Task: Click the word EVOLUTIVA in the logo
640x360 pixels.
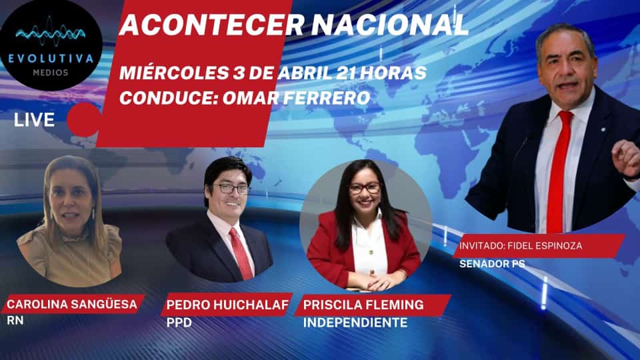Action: pyautogui.click(x=51, y=59)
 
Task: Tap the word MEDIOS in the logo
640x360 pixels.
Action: pyautogui.click(x=51, y=73)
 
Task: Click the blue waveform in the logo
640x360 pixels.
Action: pyautogui.click(x=51, y=33)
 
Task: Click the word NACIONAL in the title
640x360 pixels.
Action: pyautogui.click(x=390, y=25)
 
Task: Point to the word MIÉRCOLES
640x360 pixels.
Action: pyautogui.click(x=174, y=72)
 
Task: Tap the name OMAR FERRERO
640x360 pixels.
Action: pyautogui.click(x=296, y=98)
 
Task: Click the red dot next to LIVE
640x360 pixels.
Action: pyautogui.click(x=83, y=119)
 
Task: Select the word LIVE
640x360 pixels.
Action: pyautogui.click(x=34, y=120)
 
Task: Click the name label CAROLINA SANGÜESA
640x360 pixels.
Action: pyautogui.click(x=72, y=304)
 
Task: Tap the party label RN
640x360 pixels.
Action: pyautogui.click(x=15, y=321)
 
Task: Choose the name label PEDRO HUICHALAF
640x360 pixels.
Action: pyautogui.click(x=227, y=305)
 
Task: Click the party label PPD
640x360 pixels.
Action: pyautogui.click(x=179, y=323)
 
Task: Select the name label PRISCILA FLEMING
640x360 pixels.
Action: pyautogui.click(x=364, y=305)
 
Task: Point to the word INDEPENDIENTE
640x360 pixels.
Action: pyautogui.click(x=355, y=323)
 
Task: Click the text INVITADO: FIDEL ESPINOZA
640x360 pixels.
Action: pyautogui.click(x=521, y=246)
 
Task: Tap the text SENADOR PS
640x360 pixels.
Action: pyautogui.click(x=492, y=264)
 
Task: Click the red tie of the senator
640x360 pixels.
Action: pyautogui.click(x=559, y=171)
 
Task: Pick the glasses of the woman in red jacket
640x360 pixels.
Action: pyautogui.click(x=365, y=188)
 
